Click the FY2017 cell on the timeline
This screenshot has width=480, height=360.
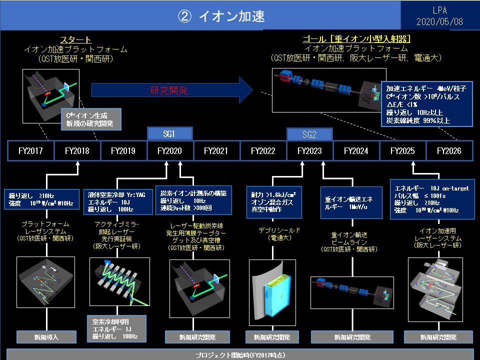pyautogui.click(x=30, y=150)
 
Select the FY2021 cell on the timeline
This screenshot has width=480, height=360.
pyautogui.click(x=216, y=150)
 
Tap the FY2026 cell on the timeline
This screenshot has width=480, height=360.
pyautogui.click(x=448, y=150)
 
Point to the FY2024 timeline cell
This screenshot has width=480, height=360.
pyautogui.click(x=356, y=150)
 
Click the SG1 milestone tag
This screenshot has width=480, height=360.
pyautogui.click(x=170, y=134)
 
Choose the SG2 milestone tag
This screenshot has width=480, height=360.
pyautogui.click(x=309, y=134)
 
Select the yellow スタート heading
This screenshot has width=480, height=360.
pyautogui.click(x=75, y=40)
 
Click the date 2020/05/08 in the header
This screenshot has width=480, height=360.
pyautogui.click(x=440, y=22)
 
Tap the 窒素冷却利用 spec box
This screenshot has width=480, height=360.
pyautogui.click(x=115, y=328)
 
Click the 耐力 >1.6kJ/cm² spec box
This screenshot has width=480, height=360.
pyautogui.click(x=274, y=202)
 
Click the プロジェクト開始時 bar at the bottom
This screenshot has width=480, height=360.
pyautogui.click(x=240, y=354)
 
